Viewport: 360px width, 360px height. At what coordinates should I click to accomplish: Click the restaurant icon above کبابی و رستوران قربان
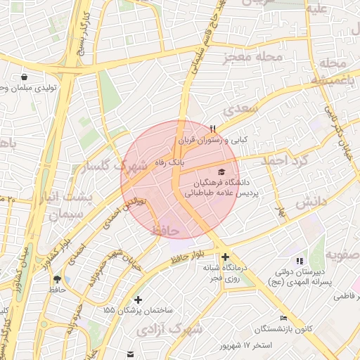tap(212, 129)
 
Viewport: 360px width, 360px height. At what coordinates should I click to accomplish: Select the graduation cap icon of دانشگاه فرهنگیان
tap(222, 172)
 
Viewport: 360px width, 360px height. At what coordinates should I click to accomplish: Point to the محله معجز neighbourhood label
tap(252, 57)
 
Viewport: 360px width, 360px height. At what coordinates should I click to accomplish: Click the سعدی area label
tap(241, 109)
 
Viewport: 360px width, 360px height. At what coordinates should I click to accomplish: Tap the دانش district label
tap(311, 202)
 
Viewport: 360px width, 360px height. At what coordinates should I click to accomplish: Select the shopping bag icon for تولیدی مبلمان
tap(25, 77)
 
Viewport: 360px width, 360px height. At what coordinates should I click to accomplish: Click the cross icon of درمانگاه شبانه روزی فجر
tap(225, 257)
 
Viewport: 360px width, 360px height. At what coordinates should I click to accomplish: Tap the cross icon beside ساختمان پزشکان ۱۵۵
tap(138, 300)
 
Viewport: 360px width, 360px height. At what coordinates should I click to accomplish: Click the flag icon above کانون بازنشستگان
tap(283, 318)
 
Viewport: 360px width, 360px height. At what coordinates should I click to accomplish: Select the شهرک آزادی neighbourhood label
tap(169, 328)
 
